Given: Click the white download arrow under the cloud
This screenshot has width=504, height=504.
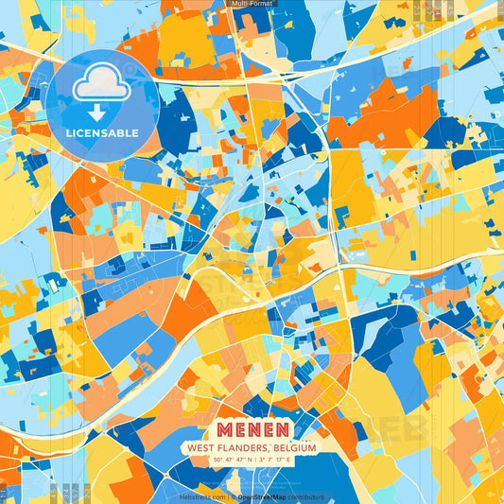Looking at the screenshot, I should click(98, 111).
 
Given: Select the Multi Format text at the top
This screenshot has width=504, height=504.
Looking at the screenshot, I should click(252, 4).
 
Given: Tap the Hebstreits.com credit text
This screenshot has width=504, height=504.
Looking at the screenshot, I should click(202, 496).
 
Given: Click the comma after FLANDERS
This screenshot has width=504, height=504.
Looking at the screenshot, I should click(267, 450).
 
